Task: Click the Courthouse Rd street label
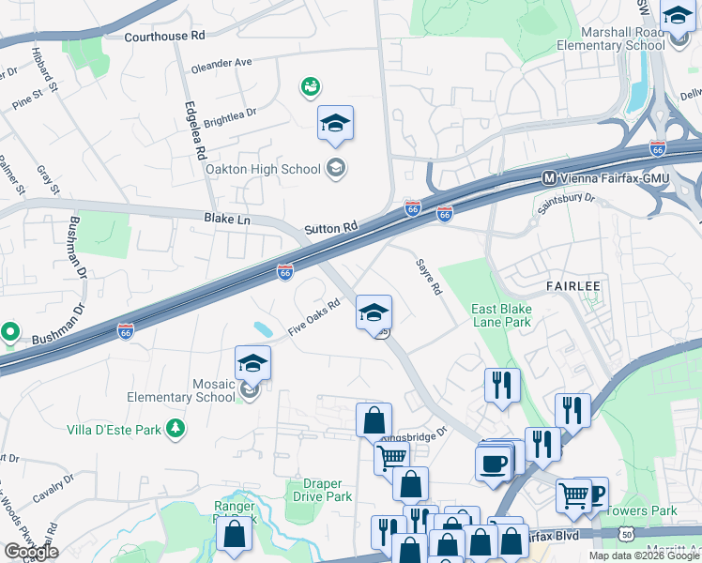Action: point(164,36)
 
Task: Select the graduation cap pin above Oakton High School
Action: point(335,124)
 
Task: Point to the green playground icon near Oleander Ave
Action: point(310,87)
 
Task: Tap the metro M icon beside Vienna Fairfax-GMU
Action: point(550,177)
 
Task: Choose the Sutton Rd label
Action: point(331,228)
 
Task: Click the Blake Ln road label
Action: point(227,219)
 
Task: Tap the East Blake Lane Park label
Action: point(501,315)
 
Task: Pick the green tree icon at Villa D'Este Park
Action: point(175,429)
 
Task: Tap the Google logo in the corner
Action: point(31,552)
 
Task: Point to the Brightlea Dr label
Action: point(230,116)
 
